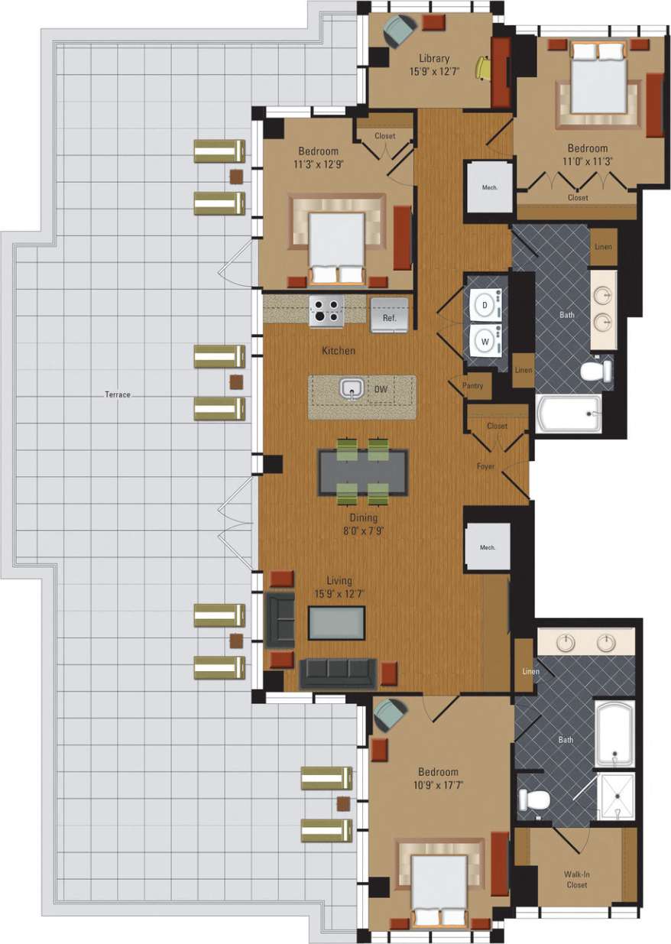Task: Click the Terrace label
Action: [x=118, y=394]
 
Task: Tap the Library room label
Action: [x=434, y=58]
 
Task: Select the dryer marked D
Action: [x=485, y=305]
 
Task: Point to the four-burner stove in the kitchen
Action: [x=326, y=312]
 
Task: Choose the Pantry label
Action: [x=473, y=386]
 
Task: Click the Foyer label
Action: [x=485, y=466]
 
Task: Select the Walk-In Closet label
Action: [x=577, y=879]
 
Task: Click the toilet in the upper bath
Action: [x=596, y=372]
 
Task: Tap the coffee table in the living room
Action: [x=336, y=622]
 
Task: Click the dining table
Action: [x=363, y=472]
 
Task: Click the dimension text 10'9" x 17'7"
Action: [x=438, y=784]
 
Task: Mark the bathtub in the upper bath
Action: [x=569, y=414]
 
